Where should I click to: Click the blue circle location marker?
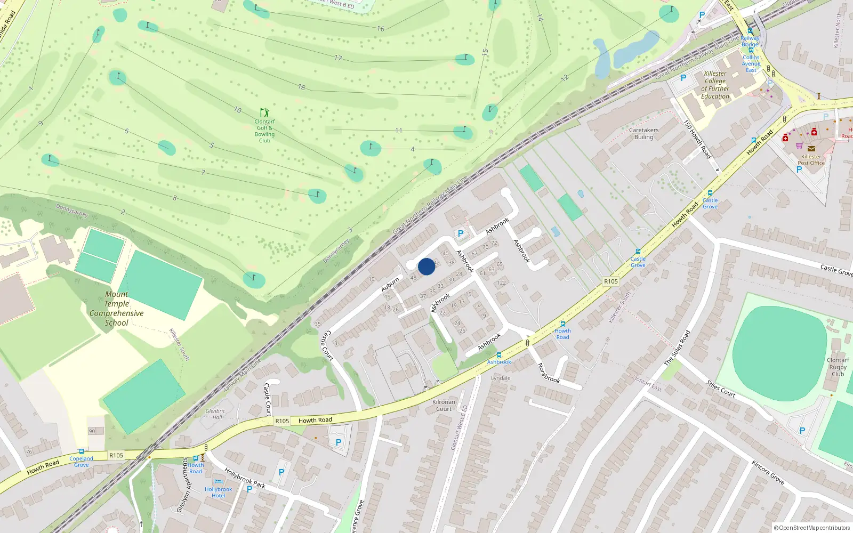426,266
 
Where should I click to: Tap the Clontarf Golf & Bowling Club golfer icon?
264,112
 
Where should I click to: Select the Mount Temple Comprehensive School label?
117,308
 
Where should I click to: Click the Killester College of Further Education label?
715,85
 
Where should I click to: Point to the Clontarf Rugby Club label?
838,367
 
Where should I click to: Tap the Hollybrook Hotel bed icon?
218,482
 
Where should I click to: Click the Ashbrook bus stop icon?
499,355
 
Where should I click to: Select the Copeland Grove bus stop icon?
81,451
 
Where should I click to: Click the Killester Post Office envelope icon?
811,149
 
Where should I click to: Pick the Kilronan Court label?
444,406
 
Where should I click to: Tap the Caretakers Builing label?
643,133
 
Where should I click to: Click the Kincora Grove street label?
768,472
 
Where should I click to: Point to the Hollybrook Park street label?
245,478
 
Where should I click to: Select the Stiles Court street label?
721,389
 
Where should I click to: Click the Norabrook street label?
549,373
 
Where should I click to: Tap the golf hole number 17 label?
339,58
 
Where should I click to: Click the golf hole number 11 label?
399,131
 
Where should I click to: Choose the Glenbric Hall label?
215,414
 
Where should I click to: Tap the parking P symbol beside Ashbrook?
461,233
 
